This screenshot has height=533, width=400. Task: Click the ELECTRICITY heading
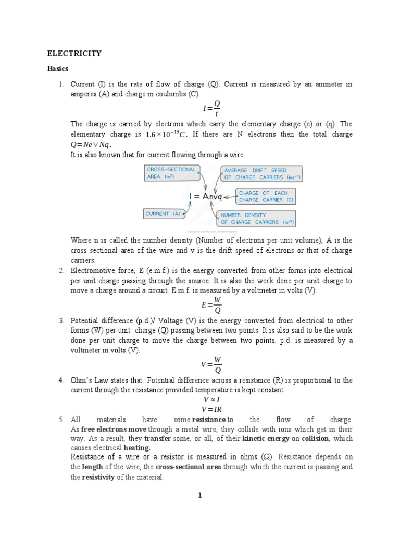coord(74,53)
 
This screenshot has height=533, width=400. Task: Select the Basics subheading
coord(58,69)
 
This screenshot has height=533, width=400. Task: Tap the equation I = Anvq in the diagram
coord(205,196)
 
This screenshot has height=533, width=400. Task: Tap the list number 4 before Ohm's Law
coord(61,380)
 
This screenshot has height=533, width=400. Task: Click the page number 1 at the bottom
coord(199,495)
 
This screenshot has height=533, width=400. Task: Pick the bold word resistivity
coord(96,477)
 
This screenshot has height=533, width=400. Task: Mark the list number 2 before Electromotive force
coord(61,271)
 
